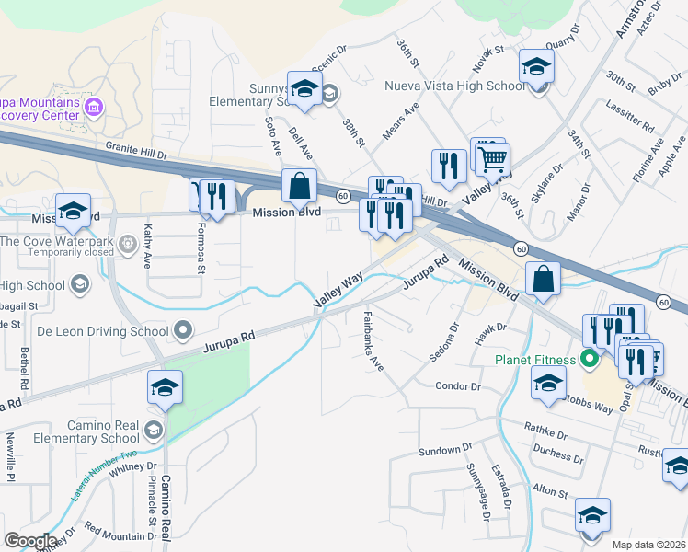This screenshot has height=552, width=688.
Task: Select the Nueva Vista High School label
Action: coord(454,87)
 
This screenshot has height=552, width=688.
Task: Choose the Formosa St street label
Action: coord(200,247)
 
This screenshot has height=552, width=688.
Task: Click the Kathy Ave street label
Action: coord(147,245)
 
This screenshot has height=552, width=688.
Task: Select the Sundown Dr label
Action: coord(439,450)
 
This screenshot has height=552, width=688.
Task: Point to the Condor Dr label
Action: coord(458,386)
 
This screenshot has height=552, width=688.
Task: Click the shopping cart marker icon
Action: coord(492,158)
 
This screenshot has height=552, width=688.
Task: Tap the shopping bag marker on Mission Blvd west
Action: coord(300,187)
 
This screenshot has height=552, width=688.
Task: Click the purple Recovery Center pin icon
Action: coord(92,109)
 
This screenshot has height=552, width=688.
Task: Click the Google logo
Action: coord(29,541)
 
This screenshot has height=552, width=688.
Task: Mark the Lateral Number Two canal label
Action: coord(102,472)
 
